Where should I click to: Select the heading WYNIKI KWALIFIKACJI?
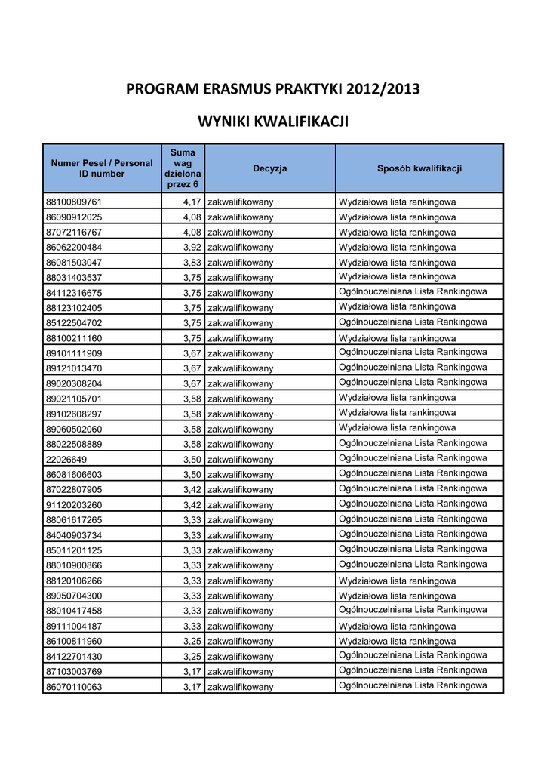pyautogui.click(x=273, y=122)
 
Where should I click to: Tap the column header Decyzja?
pyautogui.click(x=269, y=168)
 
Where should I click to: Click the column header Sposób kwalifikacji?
pyautogui.click(x=419, y=168)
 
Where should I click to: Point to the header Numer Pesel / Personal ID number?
pyautogui.click(x=102, y=168)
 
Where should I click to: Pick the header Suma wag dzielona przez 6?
pyautogui.click(x=183, y=168)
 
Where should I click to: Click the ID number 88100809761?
pyautogui.click(x=74, y=202)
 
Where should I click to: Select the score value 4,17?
pyautogui.click(x=192, y=202)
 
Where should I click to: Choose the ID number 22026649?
pyautogui.click(x=66, y=460)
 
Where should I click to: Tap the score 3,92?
pyautogui.click(x=192, y=248)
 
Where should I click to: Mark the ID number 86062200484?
pyautogui.click(x=74, y=248)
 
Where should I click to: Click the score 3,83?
pyautogui.click(x=192, y=263)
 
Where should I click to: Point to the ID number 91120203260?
pyautogui.click(x=74, y=505)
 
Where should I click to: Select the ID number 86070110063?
pyautogui.click(x=74, y=687)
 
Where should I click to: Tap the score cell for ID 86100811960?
pyautogui.click(x=192, y=642)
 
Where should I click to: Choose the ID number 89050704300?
pyautogui.click(x=74, y=596)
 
